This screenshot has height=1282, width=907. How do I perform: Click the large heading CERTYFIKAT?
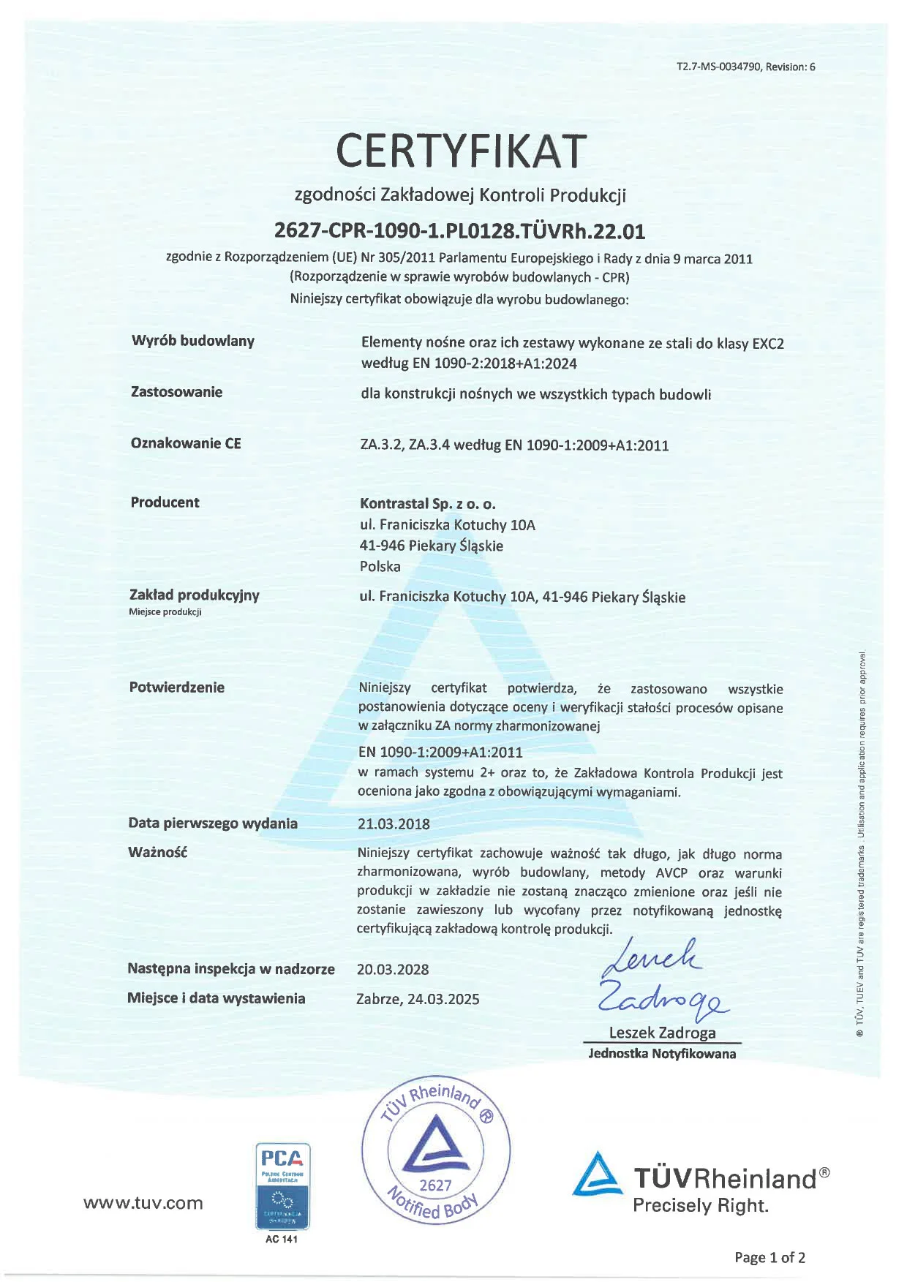pyautogui.click(x=461, y=150)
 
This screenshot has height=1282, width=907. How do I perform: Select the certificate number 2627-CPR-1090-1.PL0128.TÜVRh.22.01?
pyautogui.click(x=459, y=231)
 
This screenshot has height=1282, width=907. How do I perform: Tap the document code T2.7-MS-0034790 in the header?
pyautogui.click(x=719, y=67)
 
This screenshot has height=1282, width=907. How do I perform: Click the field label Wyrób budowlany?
pyautogui.click(x=193, y=341)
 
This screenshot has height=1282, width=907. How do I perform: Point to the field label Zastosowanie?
pyautogui.click(x=176, y=392)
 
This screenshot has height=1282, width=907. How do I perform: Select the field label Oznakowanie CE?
pyautogui.click(x=186, y=443)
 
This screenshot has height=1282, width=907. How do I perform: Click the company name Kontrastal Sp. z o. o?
pyautogui.click(x=427, y=504)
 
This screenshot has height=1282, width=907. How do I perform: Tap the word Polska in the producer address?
pyautogui.click(x=380, y=566)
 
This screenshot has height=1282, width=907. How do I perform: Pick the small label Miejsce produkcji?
pyautogui.click(x=165, y=612)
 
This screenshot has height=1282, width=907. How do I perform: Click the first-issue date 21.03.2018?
pyautogui.click(x=394, y=823)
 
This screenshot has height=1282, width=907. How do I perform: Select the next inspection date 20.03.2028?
pyautogui.click(x=393, y=970)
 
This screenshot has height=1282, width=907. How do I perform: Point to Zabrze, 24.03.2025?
pyautogui.click(x=418, y=999)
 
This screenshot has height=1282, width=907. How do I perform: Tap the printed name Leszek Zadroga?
pyautogui.click(x=662, y=1033)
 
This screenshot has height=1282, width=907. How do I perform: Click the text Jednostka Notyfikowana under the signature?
pyautogui.click(x=662, y=1054)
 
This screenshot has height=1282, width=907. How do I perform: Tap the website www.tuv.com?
pyautogui.click(x=143, y=1203)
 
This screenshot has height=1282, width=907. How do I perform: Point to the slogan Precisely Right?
pyautogui.click(x=700, y=1205)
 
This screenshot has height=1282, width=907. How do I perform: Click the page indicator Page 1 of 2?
pyautogui.click(x=769, y=1257)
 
